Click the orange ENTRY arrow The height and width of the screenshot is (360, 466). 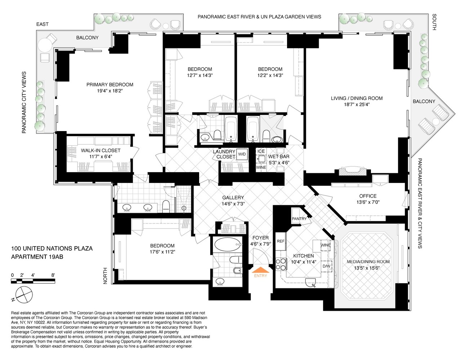point(260,270)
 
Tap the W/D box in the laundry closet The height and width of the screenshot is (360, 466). point(242,154)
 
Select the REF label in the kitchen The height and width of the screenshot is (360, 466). point(281,241)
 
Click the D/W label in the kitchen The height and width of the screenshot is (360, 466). point(326,266)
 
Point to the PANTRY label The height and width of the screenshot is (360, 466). point(299,219)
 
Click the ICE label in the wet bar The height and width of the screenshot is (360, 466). point(261,151)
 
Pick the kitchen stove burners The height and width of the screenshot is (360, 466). point(281,264)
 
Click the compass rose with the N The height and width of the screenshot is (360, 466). point(24,294)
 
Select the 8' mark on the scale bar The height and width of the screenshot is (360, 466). point(53,275)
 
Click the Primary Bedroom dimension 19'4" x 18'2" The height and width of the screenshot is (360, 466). point(110,91)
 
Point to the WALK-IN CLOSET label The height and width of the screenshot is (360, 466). point(100,150)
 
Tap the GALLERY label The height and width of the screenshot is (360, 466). point(233,198)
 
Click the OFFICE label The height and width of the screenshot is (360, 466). point(368,196)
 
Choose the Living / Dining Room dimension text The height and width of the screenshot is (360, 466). point(357,104)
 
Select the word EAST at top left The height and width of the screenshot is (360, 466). point(42,24)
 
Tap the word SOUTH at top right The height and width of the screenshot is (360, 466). point(434,22)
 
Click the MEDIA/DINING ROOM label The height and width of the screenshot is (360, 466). point(368,262)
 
